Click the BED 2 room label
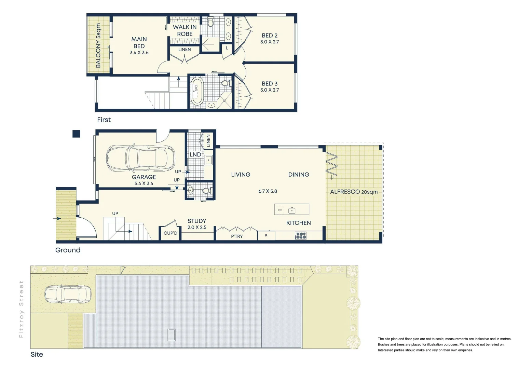pyautogui.click(x=270, y=36)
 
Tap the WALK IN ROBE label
pyautogui.click(x=185, y=30)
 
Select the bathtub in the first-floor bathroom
pyautogui.click(x=197, y=92)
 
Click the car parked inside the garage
pyautogui.click(x=140, y=159)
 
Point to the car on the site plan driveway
pyautogui.click(x=68, y=295)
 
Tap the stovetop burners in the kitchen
pyautogui.click(x=301, y=235)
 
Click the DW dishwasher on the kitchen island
pyautogui.click(x=280, y=210)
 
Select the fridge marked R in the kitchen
pyautogui.click(x=266, y=235)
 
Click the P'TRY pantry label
pyautogui.click(x=237, y=236)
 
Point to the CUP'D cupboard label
pyautogui.click(x=170, y=233)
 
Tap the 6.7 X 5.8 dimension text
pyautogui.click(x=268, y=191)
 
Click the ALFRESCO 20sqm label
pyautogui.click(x=354, y=192)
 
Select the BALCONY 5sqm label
pyautogui.click(x=98, y=45)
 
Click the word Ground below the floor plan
pyautogui.click(x=68, y=250)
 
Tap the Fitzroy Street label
pyautogui.click(x=21, y=309)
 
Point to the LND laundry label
pyautogui.click(x=195, y=154)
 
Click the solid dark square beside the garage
pyautogui.click(x=76, y=134)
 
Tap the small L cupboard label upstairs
pyautogui.click(x=227, y=48)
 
